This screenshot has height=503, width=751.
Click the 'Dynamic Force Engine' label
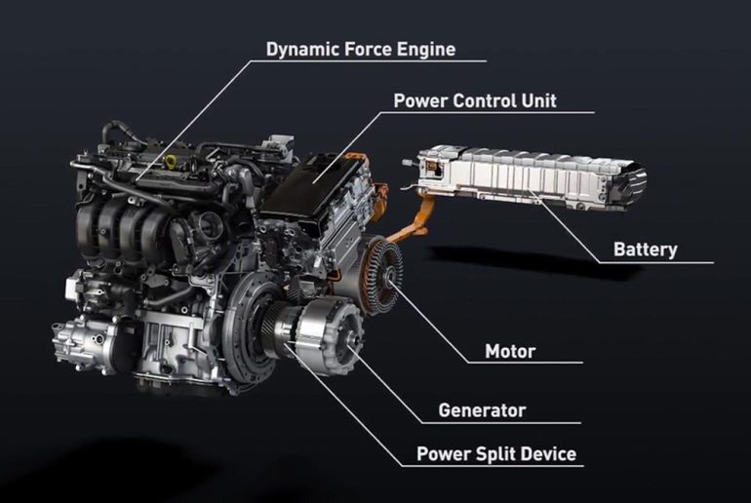point(361,50)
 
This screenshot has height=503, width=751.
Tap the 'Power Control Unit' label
point(475,101)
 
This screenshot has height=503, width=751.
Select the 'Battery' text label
point(645,250)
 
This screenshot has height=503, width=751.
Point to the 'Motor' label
point(510,351)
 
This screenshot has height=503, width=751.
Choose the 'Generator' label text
point(482,410)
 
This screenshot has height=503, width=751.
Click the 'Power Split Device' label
point(496,453)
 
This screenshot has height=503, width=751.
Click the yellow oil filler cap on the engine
point(171,159)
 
